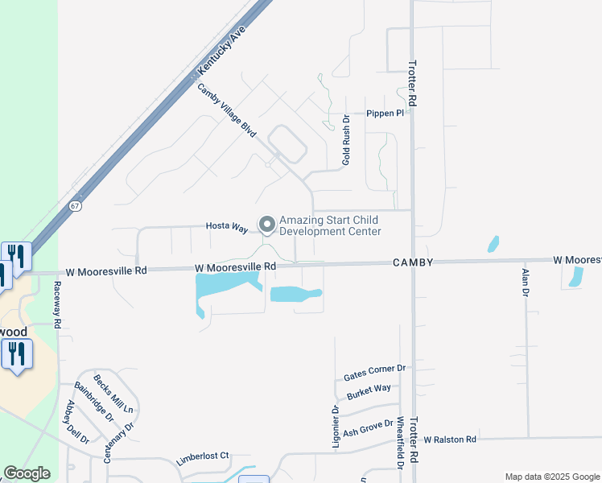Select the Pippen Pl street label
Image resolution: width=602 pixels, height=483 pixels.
[384, 114]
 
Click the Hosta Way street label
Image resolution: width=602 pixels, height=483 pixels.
[226, 228]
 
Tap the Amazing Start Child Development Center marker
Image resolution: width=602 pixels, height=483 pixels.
[266, 223]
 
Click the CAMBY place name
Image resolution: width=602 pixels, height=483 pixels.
[414, 262]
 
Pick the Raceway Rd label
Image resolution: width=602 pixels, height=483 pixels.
[58, 304]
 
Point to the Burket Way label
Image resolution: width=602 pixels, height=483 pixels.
[369, 392]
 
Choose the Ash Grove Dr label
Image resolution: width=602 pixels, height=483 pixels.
[368, 427]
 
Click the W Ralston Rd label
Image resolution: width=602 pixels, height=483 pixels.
[450, 440]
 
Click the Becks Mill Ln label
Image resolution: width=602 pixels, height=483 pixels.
[113, 394]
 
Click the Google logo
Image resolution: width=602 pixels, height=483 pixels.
[27, 473]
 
